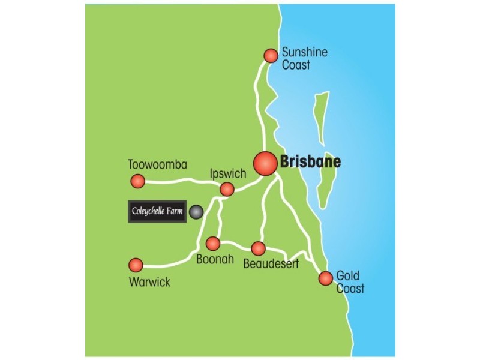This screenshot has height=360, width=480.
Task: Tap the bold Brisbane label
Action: pos(310,162)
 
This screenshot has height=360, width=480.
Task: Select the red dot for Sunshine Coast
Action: pos(271,55)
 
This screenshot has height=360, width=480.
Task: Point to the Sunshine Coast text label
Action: pos(305,58)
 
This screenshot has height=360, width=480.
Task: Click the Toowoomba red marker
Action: pos(138,181)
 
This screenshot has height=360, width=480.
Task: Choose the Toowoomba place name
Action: pos(158,164)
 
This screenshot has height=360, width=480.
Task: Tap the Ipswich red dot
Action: pos(227,190)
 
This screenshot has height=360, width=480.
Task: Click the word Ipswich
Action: pos(228,174)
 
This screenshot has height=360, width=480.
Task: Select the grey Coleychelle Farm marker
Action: pos(196,211)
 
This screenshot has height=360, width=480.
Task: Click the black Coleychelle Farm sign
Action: pos(158,211)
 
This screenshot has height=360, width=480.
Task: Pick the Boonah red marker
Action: pos(213,244)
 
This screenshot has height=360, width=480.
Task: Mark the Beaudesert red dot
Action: pos(258,248)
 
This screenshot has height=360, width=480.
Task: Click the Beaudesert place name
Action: pos(271,263)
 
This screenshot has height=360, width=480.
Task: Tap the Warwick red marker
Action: pos(136,265)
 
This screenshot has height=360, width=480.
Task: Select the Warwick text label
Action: pos(149,281)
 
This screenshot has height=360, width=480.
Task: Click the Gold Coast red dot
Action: pos(325,278)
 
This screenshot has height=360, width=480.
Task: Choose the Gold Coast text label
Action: pos(350,283)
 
